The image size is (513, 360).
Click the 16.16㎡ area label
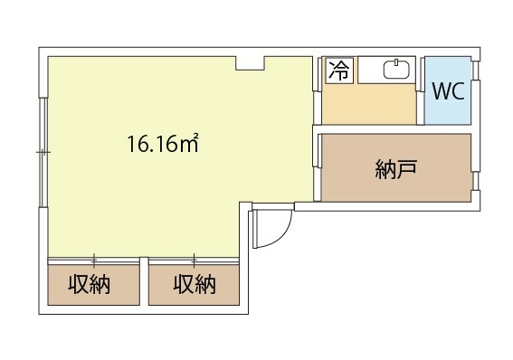(x=163, y=143)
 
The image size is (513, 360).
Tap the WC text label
(x=448, y=90)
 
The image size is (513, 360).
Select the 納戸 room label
(x=396, y=169)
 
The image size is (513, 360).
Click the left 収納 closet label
(x=89, y=284)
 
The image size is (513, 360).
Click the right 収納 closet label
(x=195, y=284)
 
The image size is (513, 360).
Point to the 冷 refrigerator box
(x=339, y=71)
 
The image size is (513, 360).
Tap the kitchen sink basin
(x=396, y=70)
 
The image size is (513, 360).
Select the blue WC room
(x=448, y=90)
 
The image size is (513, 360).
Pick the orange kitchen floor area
(x=369, y=104)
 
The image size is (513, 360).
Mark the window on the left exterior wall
(x=43, y=152)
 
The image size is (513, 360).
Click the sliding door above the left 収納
(x=94, y=261)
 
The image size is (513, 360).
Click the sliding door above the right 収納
(x=194, y=261)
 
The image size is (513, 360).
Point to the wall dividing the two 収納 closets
(x=144, y=281)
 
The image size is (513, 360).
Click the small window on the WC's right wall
(x=476, y=71)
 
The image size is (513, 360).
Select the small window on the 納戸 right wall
(x=476, y=181)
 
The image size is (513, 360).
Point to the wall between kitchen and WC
(x=421, y=90)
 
